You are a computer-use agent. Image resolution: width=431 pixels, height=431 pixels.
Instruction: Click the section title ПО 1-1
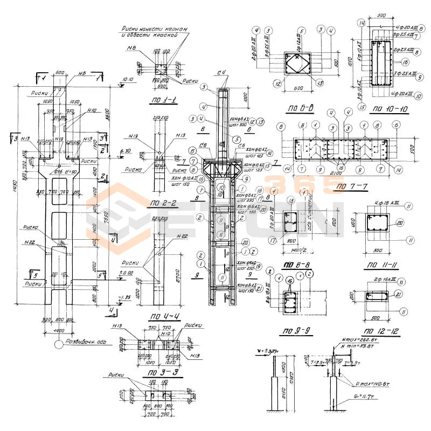[165, 101]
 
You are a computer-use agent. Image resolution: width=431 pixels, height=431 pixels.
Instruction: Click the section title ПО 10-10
[387, 108]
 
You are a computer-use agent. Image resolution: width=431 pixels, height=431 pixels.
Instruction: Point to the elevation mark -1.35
[127, 297]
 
